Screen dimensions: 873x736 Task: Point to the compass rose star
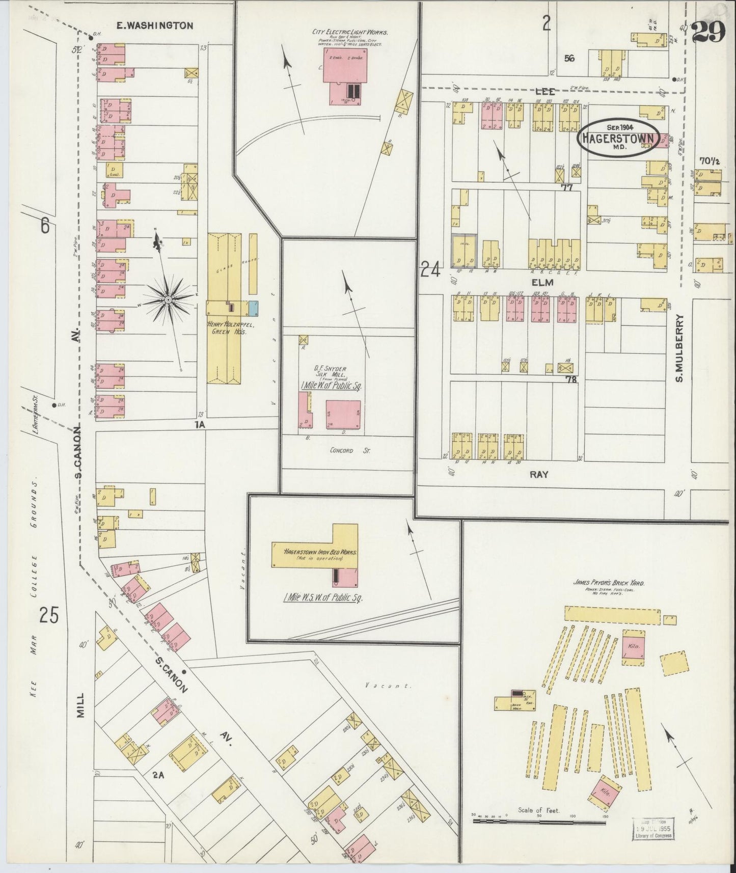[168, 301]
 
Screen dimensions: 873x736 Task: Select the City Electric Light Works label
[350, 32]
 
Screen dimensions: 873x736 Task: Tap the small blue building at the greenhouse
[253, 307]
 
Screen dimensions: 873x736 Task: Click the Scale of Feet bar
[539, 822]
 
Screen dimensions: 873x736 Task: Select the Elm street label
[539, 281]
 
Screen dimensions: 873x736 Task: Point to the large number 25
[49, 616]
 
